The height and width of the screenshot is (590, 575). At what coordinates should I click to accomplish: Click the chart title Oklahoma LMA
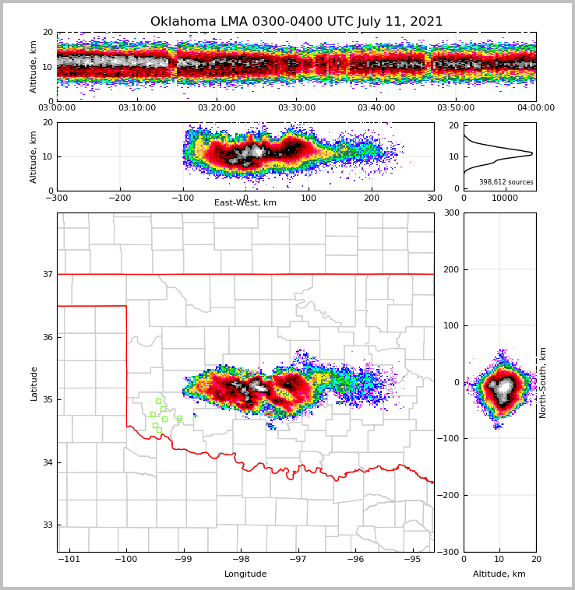(x=296, y=22)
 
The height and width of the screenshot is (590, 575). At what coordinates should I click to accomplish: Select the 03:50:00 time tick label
(x=456, y=108)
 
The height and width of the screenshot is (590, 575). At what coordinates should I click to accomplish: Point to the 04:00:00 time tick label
(x=535, y=108)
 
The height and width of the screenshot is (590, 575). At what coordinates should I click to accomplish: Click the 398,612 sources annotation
(x=506, y=182)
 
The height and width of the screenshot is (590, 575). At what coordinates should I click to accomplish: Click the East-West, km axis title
(x=245, y=203)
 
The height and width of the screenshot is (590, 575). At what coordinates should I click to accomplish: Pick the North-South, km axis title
(x=543, y=382)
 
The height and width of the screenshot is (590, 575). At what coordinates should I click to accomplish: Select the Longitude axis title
(x=245, y=574)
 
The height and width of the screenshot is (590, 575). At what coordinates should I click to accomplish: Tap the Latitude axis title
(x=34, y=383)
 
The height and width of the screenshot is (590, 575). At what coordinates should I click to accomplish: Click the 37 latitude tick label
(x=47, y=274)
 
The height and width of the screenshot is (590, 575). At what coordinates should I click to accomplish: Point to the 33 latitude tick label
(x=47, y=525)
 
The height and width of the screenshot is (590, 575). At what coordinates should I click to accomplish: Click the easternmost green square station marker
(x=179, y=418)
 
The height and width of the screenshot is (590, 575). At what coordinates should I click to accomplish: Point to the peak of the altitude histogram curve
(x=532, y=153)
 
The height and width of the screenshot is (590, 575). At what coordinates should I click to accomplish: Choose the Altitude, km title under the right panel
(x=499, y=574)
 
